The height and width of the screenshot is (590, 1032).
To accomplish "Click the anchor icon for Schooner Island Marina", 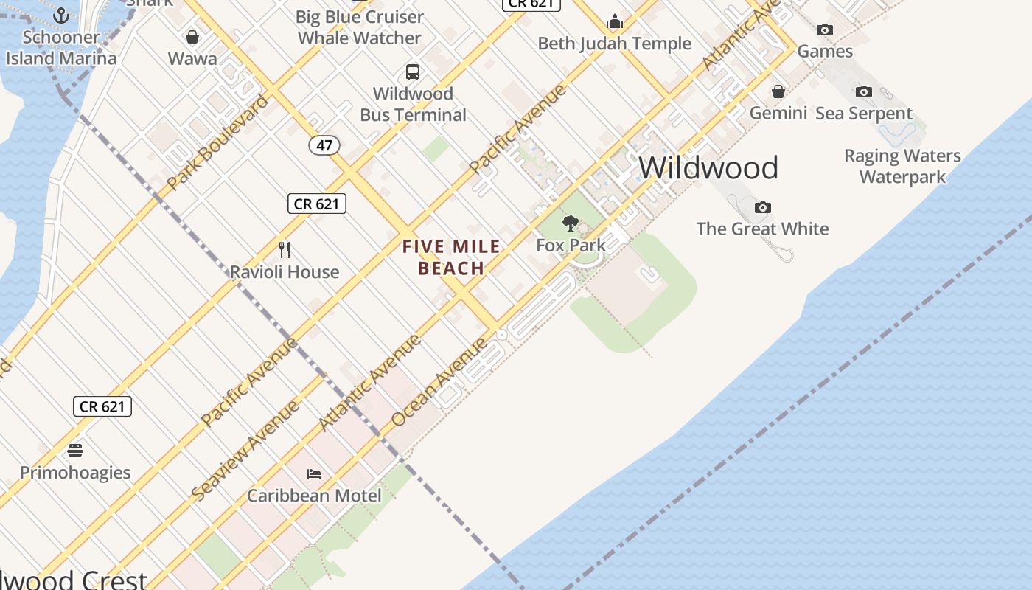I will [61, 15].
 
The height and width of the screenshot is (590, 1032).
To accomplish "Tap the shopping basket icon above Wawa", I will [192, 37].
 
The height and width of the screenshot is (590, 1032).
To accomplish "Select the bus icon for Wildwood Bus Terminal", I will [413, 72].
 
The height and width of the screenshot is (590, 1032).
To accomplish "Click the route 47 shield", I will [324, 145].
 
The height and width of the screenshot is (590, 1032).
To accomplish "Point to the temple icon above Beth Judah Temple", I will [615, 21].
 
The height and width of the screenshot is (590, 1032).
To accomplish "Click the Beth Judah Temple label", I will [615, 44].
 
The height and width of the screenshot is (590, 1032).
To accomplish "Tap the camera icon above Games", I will [825, 29].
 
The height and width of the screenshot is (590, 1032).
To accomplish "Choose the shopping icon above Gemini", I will [778, 91].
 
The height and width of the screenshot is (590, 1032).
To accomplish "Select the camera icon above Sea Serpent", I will [864, 92].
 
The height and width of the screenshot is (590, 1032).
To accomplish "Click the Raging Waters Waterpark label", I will [902, 167].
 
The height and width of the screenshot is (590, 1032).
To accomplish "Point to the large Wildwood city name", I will [708, 168].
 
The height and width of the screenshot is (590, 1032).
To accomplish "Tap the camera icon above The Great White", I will [763, 207].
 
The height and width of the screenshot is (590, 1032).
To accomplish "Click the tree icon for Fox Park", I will [571, 223].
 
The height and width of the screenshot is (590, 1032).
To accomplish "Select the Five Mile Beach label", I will [451, 257].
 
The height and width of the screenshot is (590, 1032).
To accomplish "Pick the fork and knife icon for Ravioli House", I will [285, 250].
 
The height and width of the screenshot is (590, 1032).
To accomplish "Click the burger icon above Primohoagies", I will [75, 451].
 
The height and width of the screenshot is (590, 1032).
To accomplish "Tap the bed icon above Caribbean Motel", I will [314, 473].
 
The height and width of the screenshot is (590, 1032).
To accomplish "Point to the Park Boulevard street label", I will [218, 142].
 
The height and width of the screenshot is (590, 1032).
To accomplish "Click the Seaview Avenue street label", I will [245, 451].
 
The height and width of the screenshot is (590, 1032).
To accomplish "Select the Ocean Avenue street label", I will [439, 382].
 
